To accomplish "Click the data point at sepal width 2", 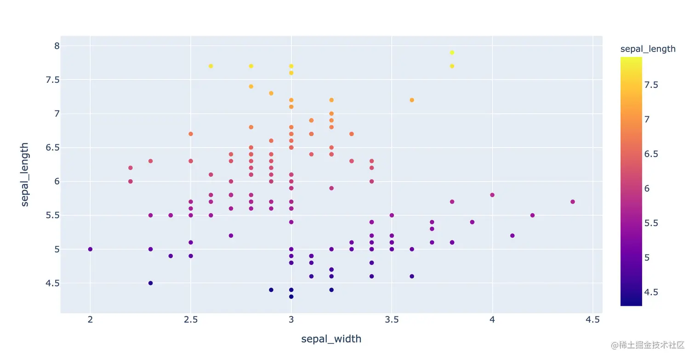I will pos(90,249).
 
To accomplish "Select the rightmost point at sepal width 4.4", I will pos(573,202).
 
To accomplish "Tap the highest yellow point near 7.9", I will pos(452,52).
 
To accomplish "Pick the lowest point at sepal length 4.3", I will pos(291,297).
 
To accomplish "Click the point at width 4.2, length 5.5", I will pos(532,215).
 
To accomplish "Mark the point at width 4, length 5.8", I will pos(492,195).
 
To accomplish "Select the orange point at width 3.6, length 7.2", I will pos(412,100).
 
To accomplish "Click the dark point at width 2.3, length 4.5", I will pos(150,283).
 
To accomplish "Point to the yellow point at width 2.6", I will pos(211,66).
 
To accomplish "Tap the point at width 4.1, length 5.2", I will pos(513,235).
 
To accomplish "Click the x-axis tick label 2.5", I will pos(190,320).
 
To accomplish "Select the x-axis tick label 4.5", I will pos(592,320).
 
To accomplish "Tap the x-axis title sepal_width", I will pos(331,339).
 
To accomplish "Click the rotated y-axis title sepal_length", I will pos(25,175).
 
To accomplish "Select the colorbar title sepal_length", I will pos(648,49).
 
